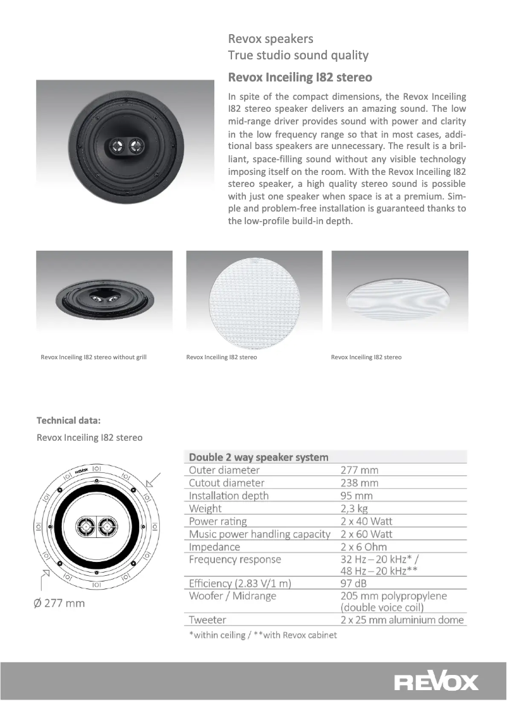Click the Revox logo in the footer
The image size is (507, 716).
[x=436, y=682]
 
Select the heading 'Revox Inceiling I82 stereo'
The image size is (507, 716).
[x=300, y=78]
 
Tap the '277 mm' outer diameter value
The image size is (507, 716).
[x=359, y=470]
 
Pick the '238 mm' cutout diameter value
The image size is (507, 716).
[x=359, y=483]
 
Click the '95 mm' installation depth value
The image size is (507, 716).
[x=356, y=496]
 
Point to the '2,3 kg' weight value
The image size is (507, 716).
[x=354, y=508]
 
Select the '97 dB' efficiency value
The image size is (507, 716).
[x=354, y=583]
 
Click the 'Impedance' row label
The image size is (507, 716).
[x=214, y=547]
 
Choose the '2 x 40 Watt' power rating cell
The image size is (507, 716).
[x=366, y=522]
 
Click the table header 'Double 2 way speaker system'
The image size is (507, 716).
[x=259, y=457]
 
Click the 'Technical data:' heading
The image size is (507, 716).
[x=68, y=420]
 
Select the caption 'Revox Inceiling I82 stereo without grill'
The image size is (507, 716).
[x=94, y=357]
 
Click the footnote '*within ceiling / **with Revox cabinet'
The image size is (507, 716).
[x=262, y=635]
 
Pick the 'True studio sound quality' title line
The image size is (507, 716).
[x=298, y=56]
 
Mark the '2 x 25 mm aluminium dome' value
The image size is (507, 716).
[x=401, y=620]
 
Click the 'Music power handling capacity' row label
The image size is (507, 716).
[x=259, y=534]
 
